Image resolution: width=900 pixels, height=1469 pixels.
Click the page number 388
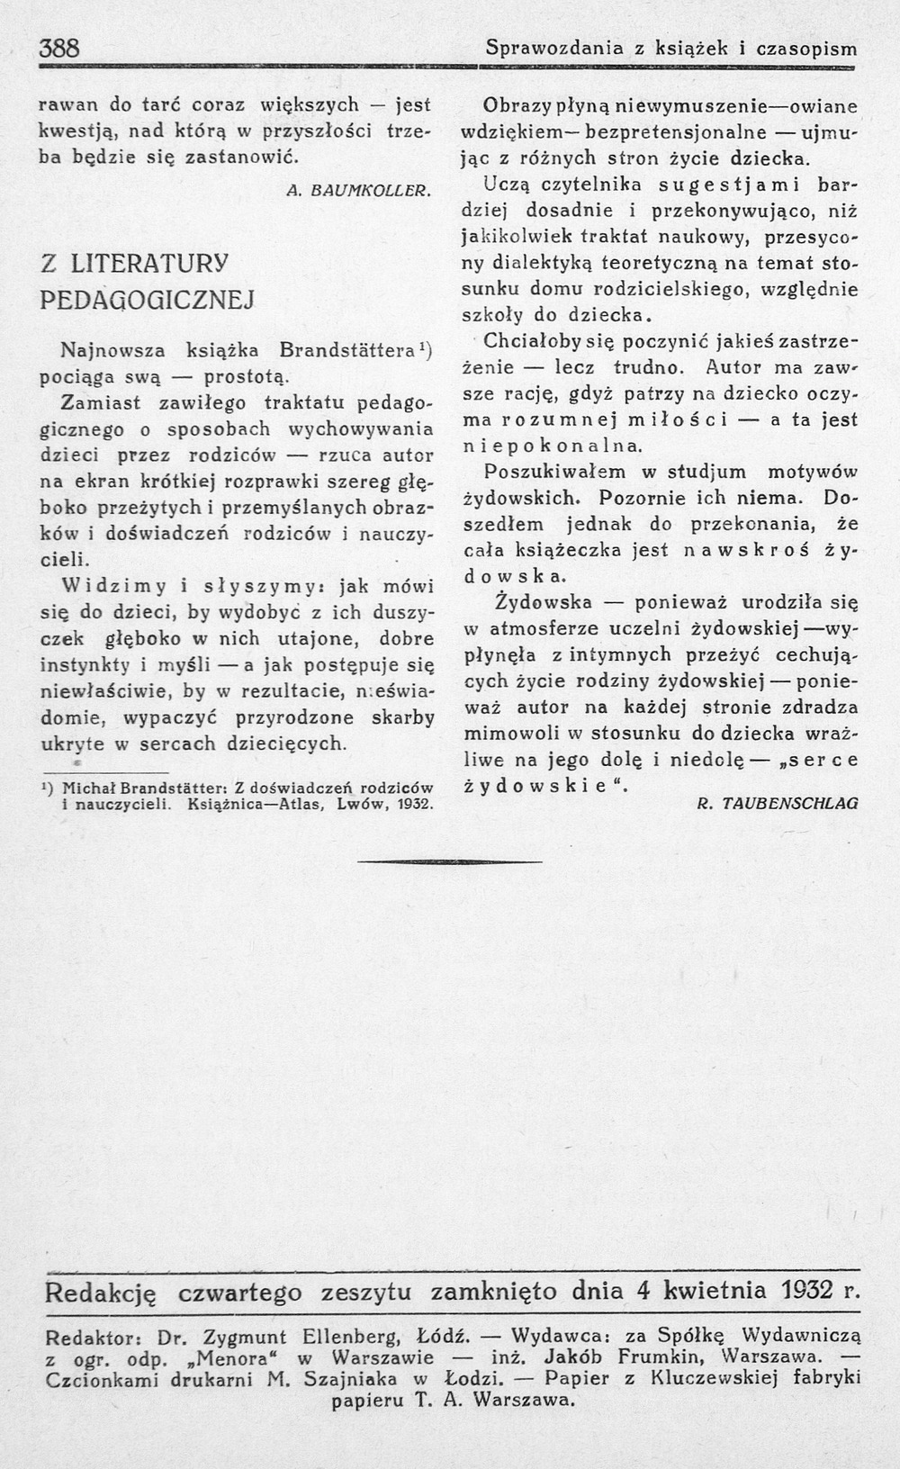[60, 49]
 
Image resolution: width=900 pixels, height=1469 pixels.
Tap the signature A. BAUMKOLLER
[361, 190]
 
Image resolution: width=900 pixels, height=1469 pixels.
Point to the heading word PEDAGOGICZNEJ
[148, 299]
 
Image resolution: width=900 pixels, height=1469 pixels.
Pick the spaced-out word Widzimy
[115, 586]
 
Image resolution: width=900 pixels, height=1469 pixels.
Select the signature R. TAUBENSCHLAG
[778, 802]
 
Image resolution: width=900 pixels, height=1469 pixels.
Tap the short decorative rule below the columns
[450, 862]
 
